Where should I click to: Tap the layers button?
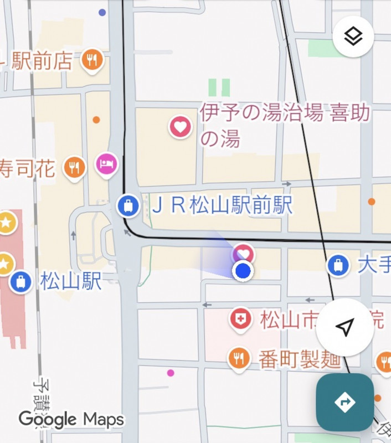click(353, 37)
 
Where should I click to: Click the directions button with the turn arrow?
click(344, 401)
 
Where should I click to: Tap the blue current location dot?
click(243, 271)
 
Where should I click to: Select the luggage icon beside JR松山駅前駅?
click(128, 207)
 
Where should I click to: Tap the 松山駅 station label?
click(71, 281)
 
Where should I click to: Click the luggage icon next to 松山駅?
click(20, 281)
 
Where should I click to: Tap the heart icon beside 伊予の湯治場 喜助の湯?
click(180, 127)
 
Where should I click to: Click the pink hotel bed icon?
click(106, 163)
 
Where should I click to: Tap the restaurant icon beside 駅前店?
click(92, 60)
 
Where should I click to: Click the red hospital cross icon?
click(240, 319)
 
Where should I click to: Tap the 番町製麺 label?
click(299, 360)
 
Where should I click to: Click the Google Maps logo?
click(71, 419)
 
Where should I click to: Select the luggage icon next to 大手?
click(338, 265)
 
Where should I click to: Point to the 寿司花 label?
click(28, 168)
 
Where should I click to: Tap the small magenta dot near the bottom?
click(171, 373)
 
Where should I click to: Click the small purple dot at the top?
click(102, 12)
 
